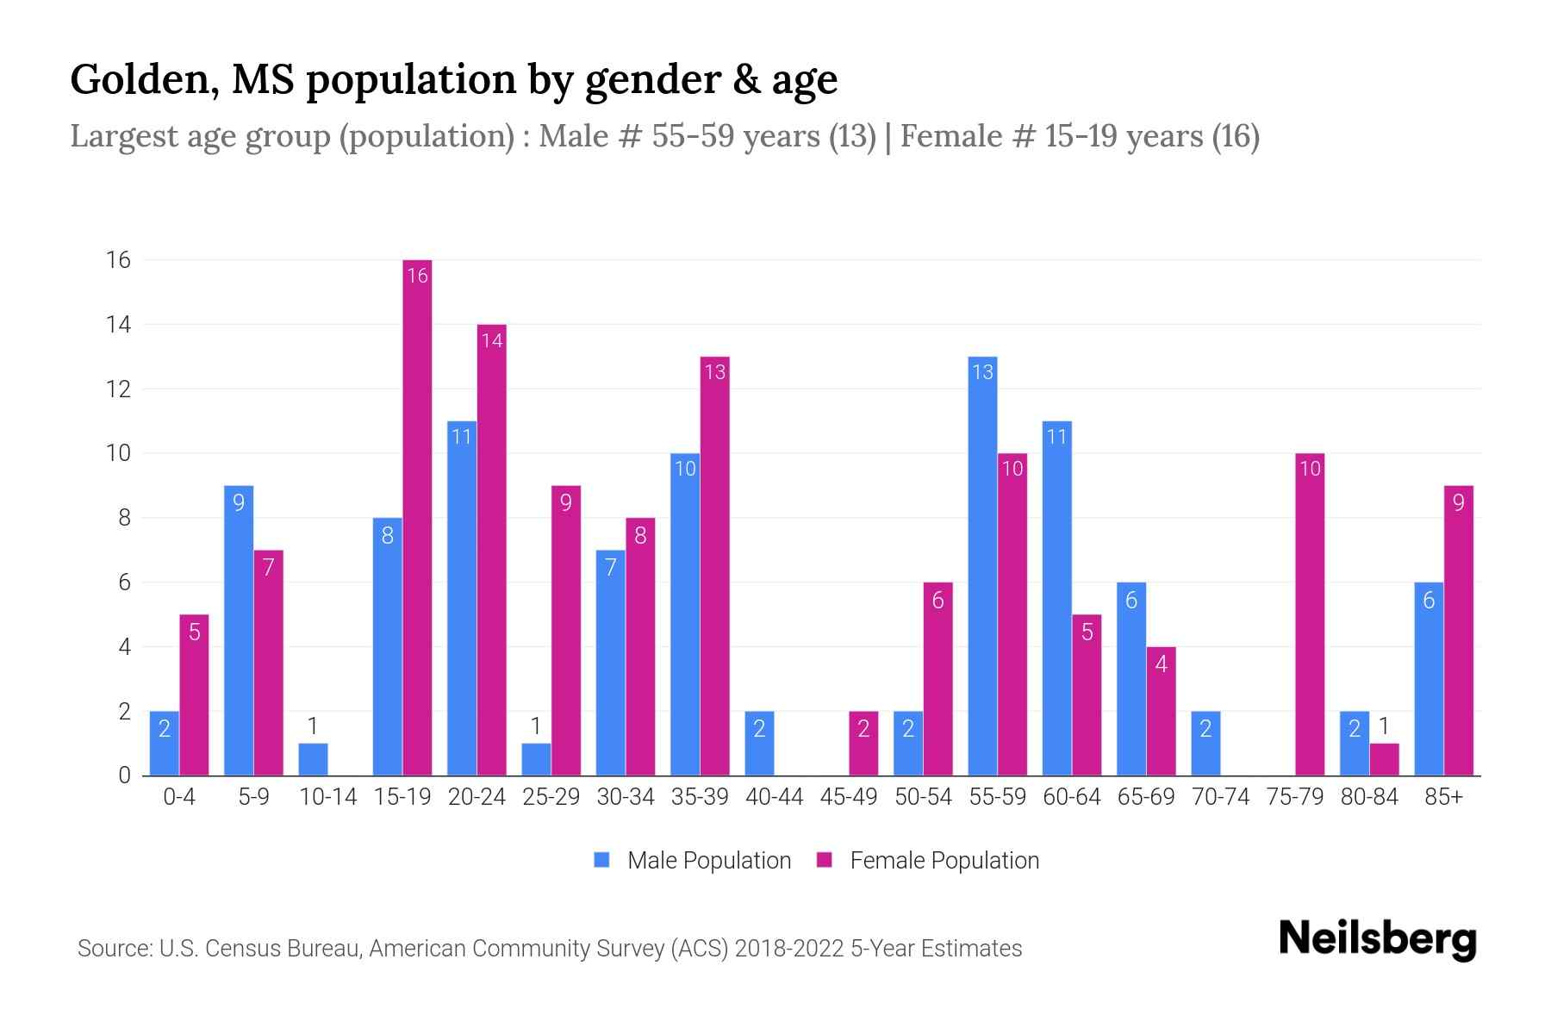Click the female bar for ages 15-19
click(x=417, y=517)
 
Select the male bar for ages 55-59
click(x=982, y=566)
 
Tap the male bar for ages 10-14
click(x=313, y=759)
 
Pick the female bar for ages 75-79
click(x=1309, y=614)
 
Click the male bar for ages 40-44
click(x=759, y=744)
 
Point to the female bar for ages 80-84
click(x=1384, y=759)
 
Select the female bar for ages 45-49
click(x=863, y=744)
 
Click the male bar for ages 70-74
click(x=1205, y=744)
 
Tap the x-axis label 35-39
click(x=700, y=797)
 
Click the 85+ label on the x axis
click(x=1443, y=797)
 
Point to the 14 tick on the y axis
click(x=118, y=325)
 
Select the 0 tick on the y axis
click(x=124, y=775)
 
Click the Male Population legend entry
click(x=707, y=861)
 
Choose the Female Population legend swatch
click(x=825, y=861)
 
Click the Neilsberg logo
click(x=1377, y=939)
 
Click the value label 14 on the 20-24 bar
click(x=492, y=340)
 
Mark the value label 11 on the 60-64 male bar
click(x=1056, y=437)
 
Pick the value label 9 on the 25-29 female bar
click(x=565, y=502)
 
